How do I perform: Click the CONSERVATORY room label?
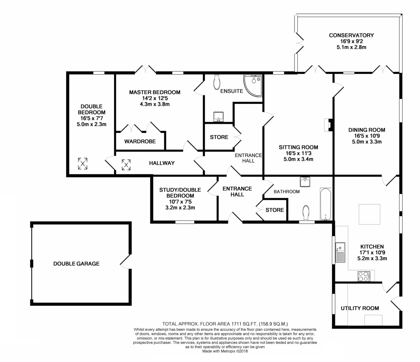click(x=351, y=35)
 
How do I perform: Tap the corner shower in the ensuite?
click(x=253, y=85)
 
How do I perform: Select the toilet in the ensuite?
click(x=217, y=82)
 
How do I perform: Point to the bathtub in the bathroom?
click(x=325, y=204)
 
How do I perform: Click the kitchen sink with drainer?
click(x=340, y=252)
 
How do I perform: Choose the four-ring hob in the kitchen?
click(x=364, y=277)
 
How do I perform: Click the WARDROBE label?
click(x=140, y=141)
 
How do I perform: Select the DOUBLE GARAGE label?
click(x=76, y=264)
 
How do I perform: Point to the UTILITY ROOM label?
click(x=360, y=308)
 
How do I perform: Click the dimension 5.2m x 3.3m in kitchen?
click(x=372, y=258)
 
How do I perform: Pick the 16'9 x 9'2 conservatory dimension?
click(x=351, y=41)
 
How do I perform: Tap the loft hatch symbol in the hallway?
click(x=126, y=165)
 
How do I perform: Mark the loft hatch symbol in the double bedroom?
click(x=83, y=163)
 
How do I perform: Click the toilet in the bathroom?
click(x=306, y=213)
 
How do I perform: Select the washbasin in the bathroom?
click(x=305, y=182)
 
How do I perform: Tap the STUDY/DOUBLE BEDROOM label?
click(x=180, y=193)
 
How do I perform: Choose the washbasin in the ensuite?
click(x=218, y=117)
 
